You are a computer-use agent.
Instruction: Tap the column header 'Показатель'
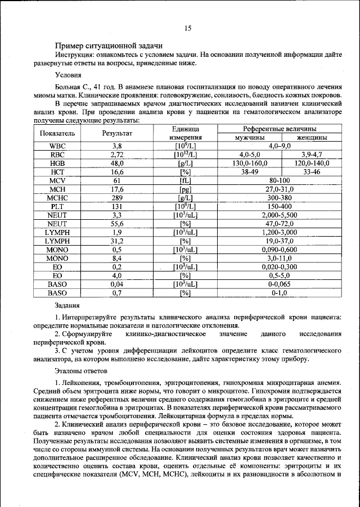tap(57, 133)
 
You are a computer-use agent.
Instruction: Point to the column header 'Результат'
tap(117, 133)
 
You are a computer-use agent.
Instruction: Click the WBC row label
tap(57, 146)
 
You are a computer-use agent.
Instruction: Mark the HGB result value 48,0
tap(117, 163)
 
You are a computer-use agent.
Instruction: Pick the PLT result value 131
tap(117, 206)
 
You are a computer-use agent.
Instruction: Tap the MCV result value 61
tap(117, 180)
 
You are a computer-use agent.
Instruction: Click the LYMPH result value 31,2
tap(117, 241)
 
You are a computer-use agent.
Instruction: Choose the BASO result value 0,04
tap(117, 284)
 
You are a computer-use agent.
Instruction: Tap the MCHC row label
tap(57, 197)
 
